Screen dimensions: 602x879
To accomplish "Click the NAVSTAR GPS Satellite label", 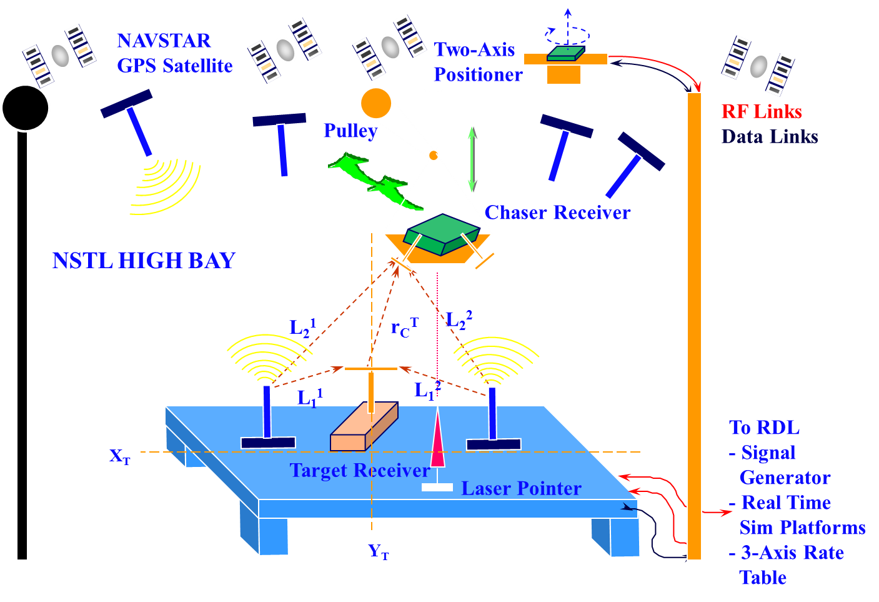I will [174, 53].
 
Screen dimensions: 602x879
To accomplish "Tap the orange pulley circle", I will [375, 103].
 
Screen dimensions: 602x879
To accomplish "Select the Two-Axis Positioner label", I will [477, 62].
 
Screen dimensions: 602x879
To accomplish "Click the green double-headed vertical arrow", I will [472, 159].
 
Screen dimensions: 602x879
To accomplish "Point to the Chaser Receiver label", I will [557, 213].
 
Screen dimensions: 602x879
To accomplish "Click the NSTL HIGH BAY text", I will [144, 261].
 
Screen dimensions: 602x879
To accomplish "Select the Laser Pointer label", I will [521, 488].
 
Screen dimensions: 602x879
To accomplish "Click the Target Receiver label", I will [360, 470].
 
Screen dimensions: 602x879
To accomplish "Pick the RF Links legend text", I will [762, 112].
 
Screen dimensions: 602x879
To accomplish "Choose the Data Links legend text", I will [770, 137].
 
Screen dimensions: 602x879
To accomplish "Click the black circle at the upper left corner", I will [26, 108].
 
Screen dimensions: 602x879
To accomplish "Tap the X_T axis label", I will [120, 456].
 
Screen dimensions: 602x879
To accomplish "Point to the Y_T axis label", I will [379, 551].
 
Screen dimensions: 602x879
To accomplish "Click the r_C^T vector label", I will [404, 327].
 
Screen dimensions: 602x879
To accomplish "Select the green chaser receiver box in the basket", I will [442, 234].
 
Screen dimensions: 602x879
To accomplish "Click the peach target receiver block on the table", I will [364, 427].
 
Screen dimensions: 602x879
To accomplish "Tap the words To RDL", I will [764, 428].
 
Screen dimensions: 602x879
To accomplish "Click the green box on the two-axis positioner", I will [566, 53].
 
